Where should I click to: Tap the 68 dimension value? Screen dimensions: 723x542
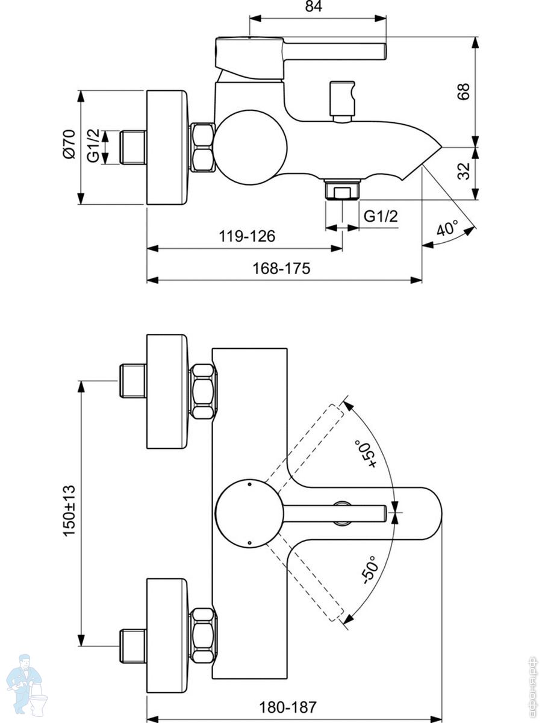click(463, 91)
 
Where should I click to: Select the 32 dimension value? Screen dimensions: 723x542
click(463, 172)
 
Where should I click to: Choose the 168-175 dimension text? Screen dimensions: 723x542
click(282, 269)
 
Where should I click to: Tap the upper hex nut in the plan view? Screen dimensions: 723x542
click(202, 391)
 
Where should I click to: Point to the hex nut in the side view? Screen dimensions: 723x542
click(202, 148)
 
